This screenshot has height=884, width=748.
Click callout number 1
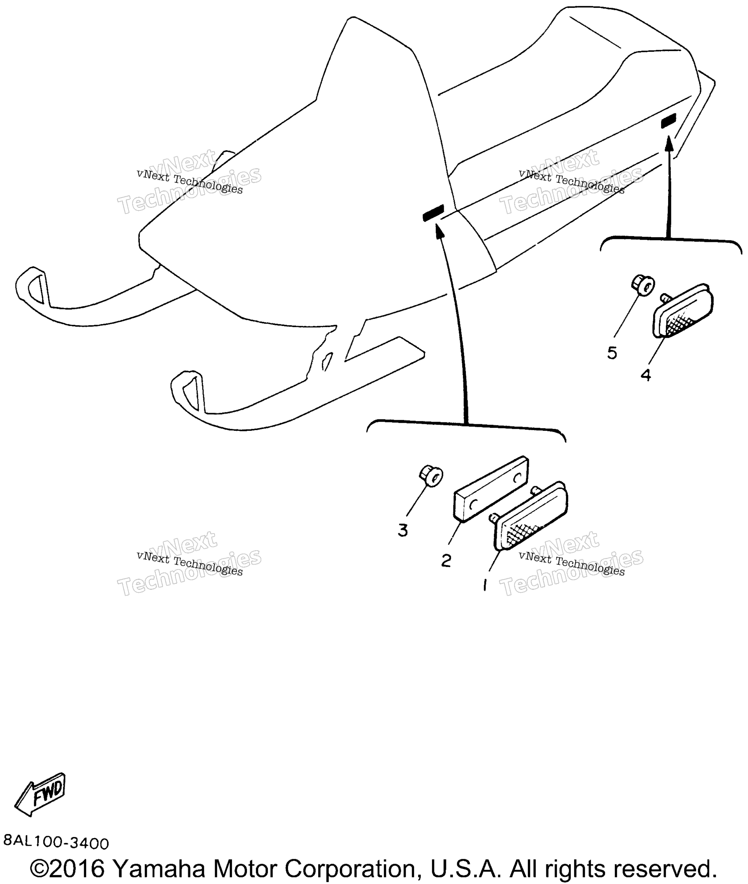coord(485,585)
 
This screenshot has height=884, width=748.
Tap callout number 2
coord(446,561)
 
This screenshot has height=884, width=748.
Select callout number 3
coord(403,531)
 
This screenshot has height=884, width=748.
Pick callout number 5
coord(612,353)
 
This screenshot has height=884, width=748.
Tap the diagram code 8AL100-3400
coord(56,843)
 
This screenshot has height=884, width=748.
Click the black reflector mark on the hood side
coord(433,213)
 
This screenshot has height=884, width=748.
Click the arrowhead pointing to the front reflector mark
coord(440,231)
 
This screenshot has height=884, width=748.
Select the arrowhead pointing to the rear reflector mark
coord(669,143)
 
